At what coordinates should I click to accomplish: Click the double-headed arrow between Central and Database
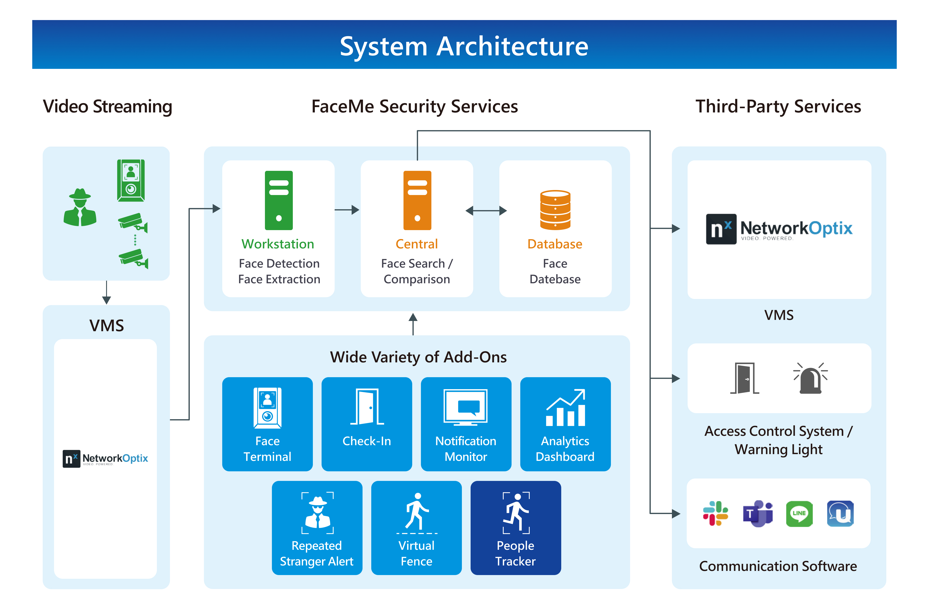[x=486, y=211]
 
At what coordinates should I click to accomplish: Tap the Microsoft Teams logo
[x=758, y=513]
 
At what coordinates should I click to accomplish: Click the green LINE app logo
[x=799, y=513]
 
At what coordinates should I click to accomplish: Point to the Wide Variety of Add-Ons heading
[x=418, y=357]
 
